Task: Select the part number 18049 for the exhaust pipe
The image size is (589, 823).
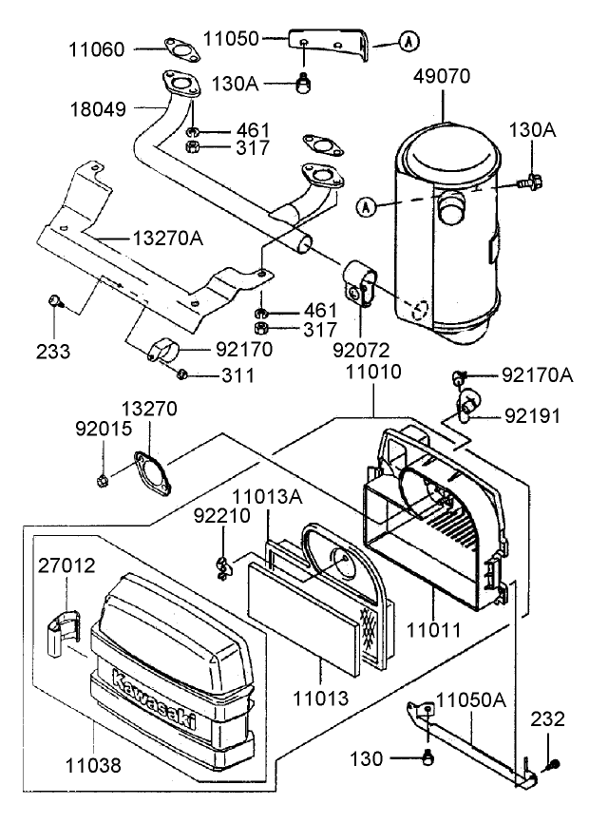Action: click(x=95, y=110)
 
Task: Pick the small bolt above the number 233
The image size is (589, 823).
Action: click(x=55, y=302)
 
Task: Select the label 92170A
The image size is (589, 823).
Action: click(x=538, y=375)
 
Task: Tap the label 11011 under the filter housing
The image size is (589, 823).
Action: click(x=433, y=628)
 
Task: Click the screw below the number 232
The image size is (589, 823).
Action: click(x=554, y=764)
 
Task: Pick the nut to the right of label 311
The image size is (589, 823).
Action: click(x=182, y=373)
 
